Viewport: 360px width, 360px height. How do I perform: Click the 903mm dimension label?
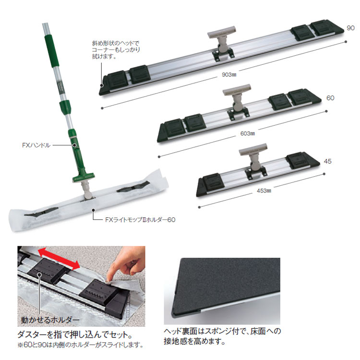point(229,74)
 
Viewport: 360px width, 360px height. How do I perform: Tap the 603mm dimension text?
point(248,133)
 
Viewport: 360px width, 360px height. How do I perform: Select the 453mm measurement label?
point(264,191)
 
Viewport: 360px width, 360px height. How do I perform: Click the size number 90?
point(350,28)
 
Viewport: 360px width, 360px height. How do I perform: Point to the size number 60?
point(330,98)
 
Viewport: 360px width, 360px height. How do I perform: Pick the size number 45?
point(328,161)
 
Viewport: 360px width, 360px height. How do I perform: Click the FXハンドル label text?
point(36,145)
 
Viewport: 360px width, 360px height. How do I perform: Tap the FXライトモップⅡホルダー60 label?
point(140,220)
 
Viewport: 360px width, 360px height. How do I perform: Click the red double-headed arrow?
point(59,259)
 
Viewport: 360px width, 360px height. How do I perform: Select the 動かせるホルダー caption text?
point(50,320)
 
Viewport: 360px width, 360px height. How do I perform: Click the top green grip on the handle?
point(53,50)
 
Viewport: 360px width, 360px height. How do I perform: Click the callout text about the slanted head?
point(116,49)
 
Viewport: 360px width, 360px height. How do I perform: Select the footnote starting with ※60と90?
point(80,345)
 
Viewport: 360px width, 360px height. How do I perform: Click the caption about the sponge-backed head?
point(222,336)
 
